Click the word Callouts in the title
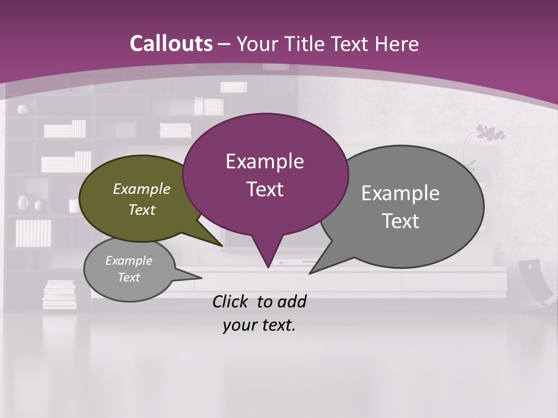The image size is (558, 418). pos(171,44)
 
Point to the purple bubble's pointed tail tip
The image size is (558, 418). pos(268,267)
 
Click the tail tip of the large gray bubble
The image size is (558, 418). pos(310,273)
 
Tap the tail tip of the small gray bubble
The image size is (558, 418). pos(201,278)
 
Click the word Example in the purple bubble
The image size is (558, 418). pos(264,161)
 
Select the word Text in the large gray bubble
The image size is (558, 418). pos(401,221)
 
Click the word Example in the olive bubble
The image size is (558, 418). pos(142,189)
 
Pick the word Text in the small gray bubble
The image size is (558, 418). pos(129,278)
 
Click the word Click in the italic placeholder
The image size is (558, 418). pos(231,301)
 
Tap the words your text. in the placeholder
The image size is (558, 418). pos(259,326)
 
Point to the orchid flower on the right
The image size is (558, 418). pos(490,132)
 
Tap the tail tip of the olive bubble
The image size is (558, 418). pos(222,246)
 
